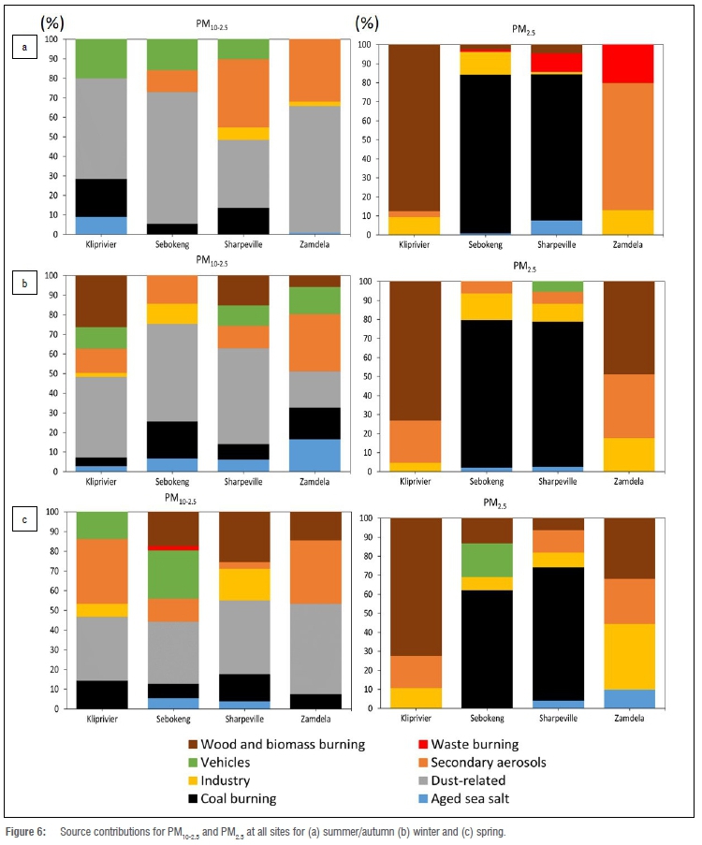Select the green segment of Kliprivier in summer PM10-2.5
101,59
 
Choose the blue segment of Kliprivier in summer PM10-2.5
101,226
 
